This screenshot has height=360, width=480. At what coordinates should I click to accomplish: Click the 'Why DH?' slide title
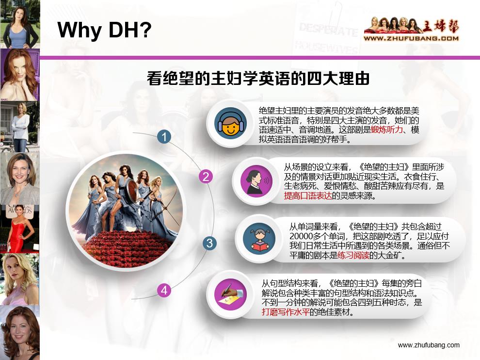(105, 31)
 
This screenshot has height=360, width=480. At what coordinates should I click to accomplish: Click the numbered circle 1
(164, 137)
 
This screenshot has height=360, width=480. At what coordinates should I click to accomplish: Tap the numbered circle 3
(209, 243)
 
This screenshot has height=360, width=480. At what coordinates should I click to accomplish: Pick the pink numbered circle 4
(164, 291)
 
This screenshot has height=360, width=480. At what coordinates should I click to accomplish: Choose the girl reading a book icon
(260, 237)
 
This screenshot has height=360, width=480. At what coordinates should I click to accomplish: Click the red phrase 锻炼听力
(386, 131)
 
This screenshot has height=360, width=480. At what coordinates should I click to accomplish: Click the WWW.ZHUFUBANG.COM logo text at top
(411, 38)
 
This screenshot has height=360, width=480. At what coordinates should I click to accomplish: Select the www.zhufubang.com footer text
(428, 345)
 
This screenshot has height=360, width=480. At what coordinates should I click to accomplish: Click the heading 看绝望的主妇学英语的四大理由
(258, 79)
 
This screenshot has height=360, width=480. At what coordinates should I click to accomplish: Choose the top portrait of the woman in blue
(19, 24)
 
